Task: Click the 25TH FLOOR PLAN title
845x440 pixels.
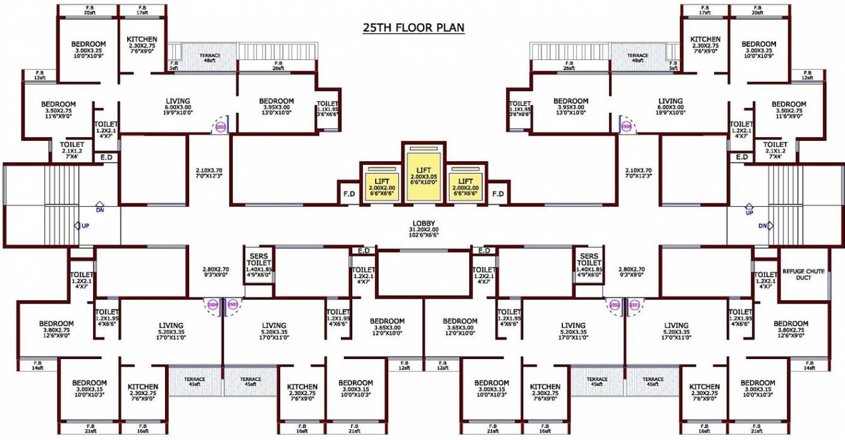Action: tap(414, 28)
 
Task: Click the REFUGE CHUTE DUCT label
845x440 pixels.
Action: tap(803, 274)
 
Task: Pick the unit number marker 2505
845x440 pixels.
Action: tap(220, 126)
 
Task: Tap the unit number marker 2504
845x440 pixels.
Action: tap(212, 305)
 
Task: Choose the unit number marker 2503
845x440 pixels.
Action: tap(233, 305)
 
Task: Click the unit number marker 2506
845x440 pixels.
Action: tap(626, 126)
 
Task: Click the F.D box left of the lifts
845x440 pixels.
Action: tap(348, 193)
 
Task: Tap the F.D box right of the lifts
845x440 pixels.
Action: tap(498, 193)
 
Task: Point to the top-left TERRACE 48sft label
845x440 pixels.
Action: tap(210, 59)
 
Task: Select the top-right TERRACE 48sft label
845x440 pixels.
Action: tap(638, 59)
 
